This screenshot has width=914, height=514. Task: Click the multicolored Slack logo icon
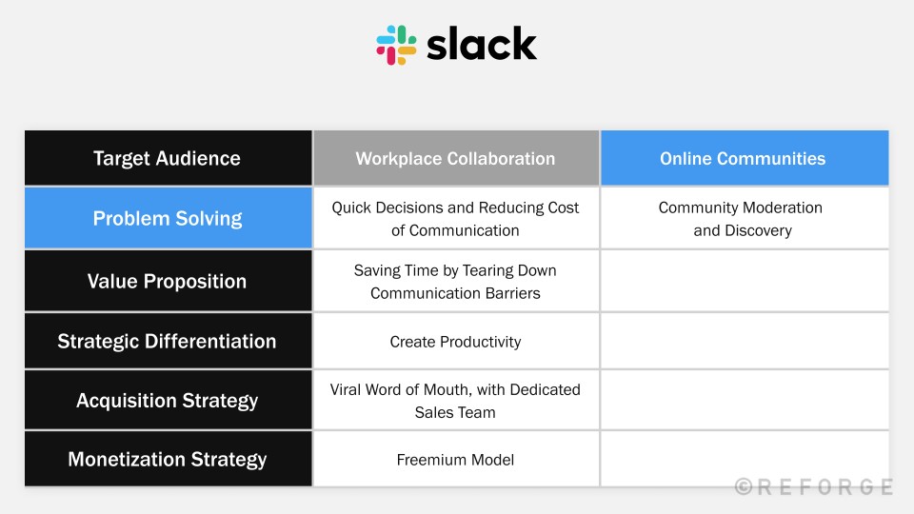pos(396,45)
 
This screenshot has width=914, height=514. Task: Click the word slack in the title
pos(482,45)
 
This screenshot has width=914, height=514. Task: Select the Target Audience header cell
pos(168,158)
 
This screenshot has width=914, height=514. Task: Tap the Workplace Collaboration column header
pos(456,158)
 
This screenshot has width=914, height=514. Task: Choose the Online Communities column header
pos(745,158)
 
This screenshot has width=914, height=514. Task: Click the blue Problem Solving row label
pos(168,218)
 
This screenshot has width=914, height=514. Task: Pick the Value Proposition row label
pos(168,281)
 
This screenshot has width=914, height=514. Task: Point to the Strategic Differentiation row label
pos(168,341)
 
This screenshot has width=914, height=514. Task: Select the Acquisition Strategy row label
pos(168,401)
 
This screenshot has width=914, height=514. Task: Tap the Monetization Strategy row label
pos(168,459)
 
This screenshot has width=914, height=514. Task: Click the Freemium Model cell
pos(456,459)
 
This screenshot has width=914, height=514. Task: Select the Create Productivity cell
pos(456,341)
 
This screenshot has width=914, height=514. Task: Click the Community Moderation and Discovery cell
pos(745,218)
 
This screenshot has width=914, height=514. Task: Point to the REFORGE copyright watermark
pos(814,486)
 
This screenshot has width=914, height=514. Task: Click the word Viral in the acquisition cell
pos(345,389)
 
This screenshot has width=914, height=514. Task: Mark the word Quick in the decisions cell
pos(351,208)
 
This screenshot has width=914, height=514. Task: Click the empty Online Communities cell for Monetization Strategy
pos(745,459)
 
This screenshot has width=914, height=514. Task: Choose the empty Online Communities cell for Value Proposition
pos(745,281)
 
